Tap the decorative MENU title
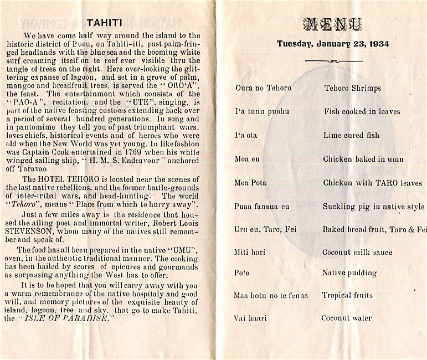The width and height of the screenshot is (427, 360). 333,24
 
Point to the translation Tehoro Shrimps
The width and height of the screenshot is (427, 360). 352,88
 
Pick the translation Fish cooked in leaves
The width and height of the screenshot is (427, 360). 362,111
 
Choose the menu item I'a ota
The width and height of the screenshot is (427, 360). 246,135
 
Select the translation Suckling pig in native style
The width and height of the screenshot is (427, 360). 374,207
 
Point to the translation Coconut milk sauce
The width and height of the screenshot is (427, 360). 358,253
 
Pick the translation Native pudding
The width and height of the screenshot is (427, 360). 349,273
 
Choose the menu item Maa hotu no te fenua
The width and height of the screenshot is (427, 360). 271,295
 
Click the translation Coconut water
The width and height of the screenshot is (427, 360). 347,318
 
